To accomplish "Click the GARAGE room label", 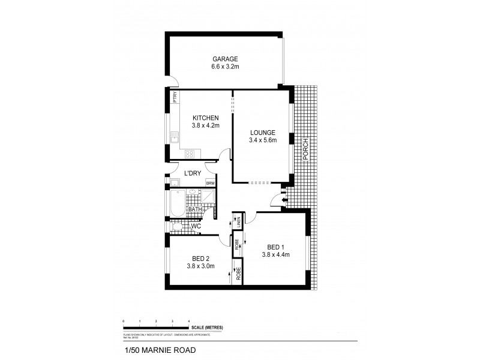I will pyautogui.click(x=225, y=59).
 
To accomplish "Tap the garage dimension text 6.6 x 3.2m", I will pyautogui.click(x=225, y=67).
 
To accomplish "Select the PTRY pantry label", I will pyautogui.click(x=175, y=98).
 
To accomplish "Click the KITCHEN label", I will pyautogui.click(x=205, y=118).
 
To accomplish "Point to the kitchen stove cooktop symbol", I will pyautogui.click(x=190, y=154).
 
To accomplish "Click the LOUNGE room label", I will pyautogui.click(x=262, y=133).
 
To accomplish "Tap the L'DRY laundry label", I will pyautogui.click(x=193, y=173).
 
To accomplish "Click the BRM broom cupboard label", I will pyautogui.click(x=211, y=184).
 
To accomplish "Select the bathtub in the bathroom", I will pyautogui.click(x=177, y=202).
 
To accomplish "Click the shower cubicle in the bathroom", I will pyautogui.click(x=208, y=197).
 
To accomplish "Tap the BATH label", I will pyautogui.click(x=194, y=209).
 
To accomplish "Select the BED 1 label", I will pyautogui.click(x=275, y=246).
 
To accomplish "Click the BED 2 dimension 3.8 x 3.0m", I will pyautogui.click(x=200, y=266).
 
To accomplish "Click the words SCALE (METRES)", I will pyautogui.click(x=208, y=328).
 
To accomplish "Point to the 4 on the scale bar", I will pyautogui.click(x=189, y=322).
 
